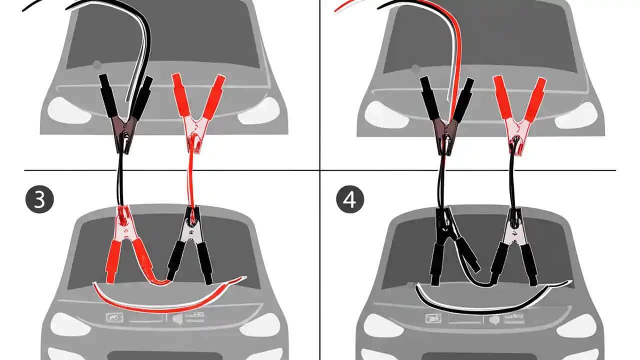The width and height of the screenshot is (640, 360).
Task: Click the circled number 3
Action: [39, 199]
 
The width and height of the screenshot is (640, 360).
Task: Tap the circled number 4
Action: [350, 199]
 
